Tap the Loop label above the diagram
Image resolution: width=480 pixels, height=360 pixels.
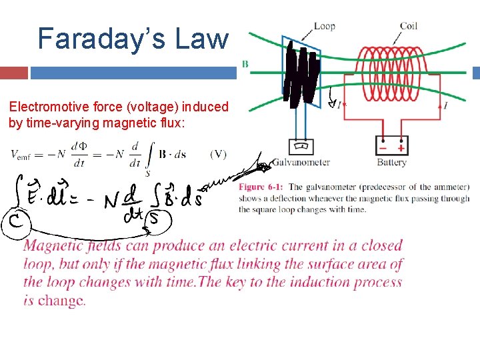324,26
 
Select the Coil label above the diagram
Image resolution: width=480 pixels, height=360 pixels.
409,26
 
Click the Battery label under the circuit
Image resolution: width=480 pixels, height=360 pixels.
391,162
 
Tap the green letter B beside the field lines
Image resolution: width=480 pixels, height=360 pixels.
245,64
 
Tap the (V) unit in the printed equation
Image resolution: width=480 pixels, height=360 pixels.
218,154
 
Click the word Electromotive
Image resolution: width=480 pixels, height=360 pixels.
42,107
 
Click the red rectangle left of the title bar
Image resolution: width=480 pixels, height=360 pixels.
14,72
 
